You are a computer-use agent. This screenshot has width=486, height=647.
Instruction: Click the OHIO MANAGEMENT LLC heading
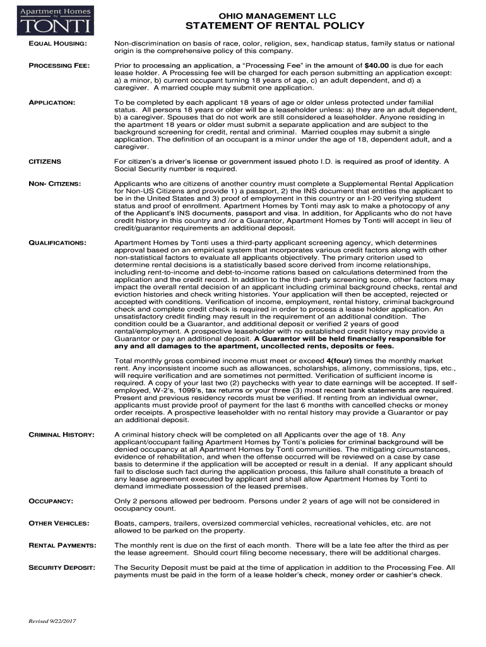(x=273, y=15)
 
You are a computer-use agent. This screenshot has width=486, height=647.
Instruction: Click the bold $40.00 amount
(x=377, y=66)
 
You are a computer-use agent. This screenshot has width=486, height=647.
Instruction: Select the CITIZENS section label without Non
(x=45, y=162)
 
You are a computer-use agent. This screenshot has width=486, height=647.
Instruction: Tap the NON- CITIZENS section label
(x=55, y=184)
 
